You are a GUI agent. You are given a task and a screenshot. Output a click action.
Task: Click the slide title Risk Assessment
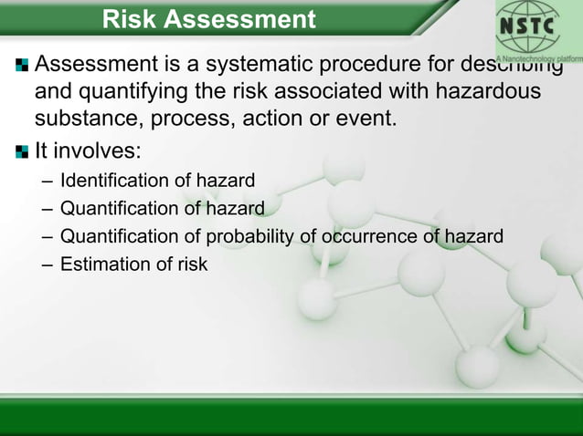pyautogui.click(x=208, y=18)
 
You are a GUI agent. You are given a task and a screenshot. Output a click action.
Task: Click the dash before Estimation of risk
pyautogui.click(x=48, y=265)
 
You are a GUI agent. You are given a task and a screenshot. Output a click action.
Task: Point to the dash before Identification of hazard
pyautogui.click(x=48, y=181)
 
